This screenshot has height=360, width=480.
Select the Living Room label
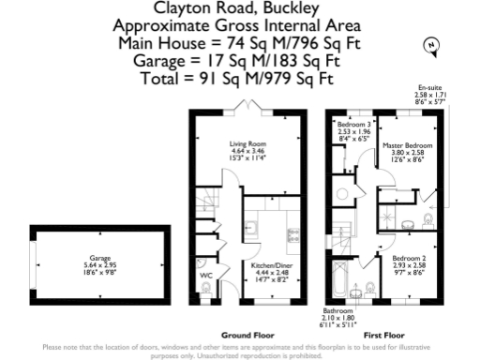tap(249, 144)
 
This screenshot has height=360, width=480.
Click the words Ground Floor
tap(247, 334)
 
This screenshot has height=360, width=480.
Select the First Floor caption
tap(386, 334)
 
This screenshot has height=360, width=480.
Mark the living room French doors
tap(249, 111)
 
